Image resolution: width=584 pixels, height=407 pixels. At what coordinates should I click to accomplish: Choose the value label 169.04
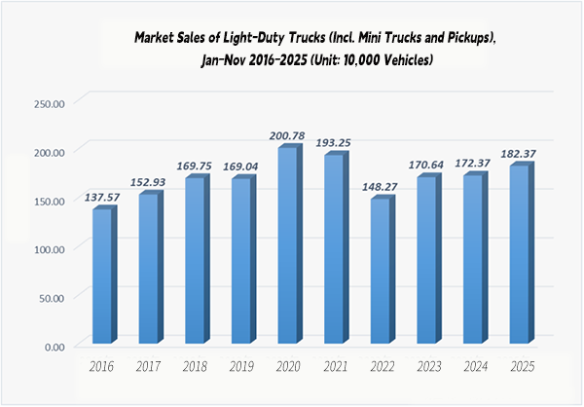click(244, 166)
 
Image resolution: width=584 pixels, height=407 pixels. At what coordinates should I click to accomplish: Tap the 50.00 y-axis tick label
click(51, 298)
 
